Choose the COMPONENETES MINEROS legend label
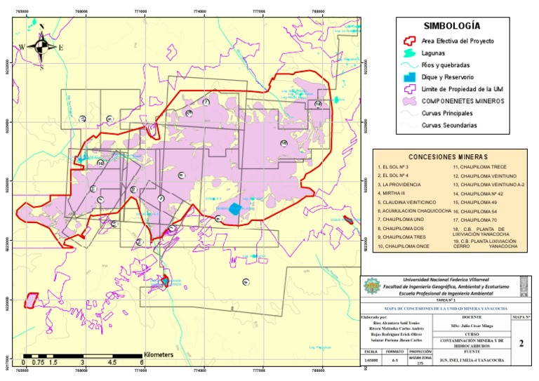point(460,101)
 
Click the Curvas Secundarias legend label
point(449,125)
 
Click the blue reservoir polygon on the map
point(235,208)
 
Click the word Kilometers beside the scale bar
point(158,355)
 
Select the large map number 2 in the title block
point(520,344)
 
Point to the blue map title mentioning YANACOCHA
point(446,309)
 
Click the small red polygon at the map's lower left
point(31,300)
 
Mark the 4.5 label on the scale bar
point(112,363)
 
